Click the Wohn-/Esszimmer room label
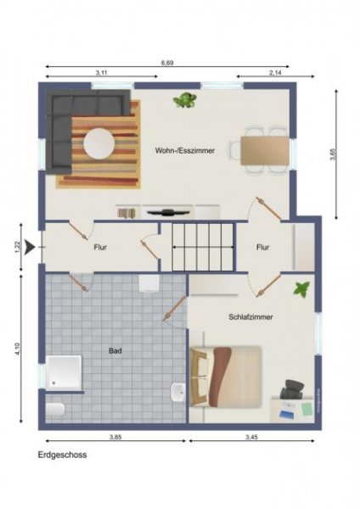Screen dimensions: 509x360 184,150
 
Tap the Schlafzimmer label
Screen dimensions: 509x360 250,316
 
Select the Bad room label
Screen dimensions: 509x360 115,350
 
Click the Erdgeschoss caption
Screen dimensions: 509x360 62,455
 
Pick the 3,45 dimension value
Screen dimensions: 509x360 252,437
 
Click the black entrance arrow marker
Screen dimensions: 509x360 31,248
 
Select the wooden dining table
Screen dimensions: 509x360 264,150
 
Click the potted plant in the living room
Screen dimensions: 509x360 184,101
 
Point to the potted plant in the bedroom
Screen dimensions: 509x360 301,289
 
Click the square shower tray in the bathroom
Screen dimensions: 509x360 65,373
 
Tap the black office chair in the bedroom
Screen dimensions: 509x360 290,391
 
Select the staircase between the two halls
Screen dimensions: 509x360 201,247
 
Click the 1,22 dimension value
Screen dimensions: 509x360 18,248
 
